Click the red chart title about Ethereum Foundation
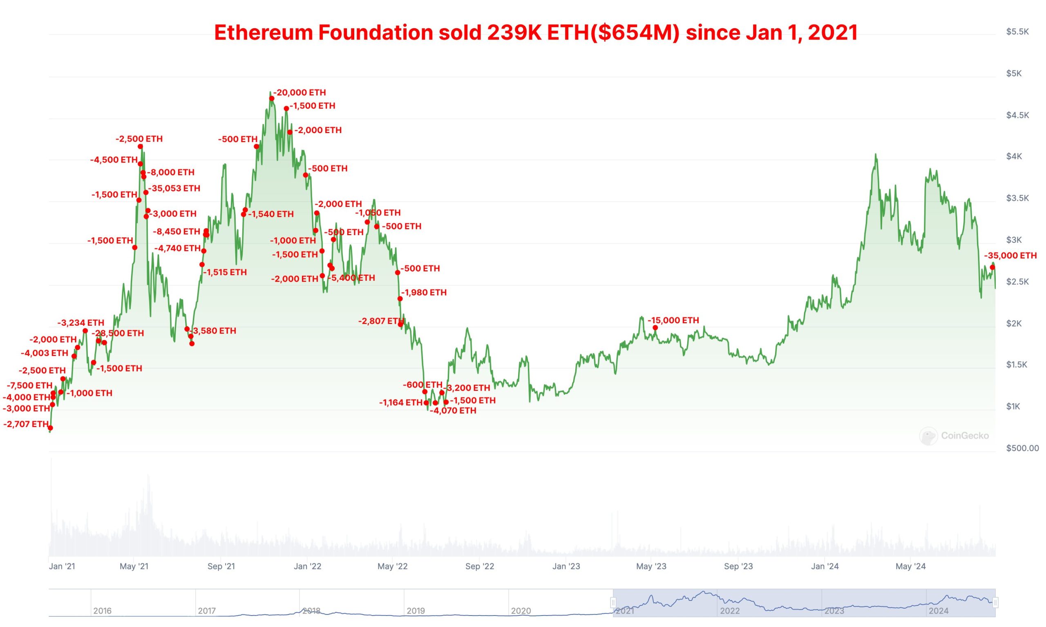tap(536, 33)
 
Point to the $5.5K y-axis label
tap(1017, 32)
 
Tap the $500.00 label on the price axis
tap(1022, 448)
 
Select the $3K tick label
tap(1014, 240)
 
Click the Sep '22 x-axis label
tap(479, 566)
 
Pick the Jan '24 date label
tap(825, 566)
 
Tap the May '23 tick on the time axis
tap(651, 566)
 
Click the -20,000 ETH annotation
tap(300, 93)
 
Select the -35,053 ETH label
tap(174, 189)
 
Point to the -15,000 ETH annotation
tap(673, 320)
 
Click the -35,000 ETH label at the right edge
tap(1010, 256)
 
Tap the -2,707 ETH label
tap(26, 424)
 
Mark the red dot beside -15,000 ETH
tap(655, 327)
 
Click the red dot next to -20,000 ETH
tap(272, 98)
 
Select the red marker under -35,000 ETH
tap(992, 267)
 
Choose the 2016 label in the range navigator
tap(102, 611)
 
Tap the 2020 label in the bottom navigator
tap(521, 611)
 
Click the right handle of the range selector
tap(995, 602)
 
